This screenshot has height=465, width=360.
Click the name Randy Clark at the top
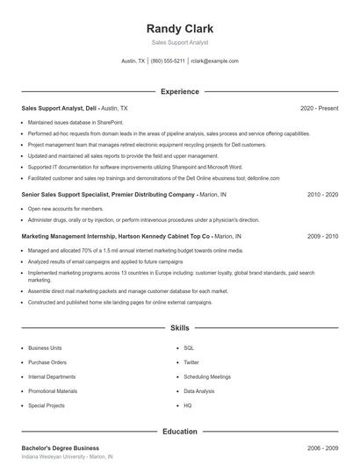(179, 27)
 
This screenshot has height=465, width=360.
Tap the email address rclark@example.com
(214, 61)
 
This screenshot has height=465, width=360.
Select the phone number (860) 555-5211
(168, 61)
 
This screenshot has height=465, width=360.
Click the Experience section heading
(179, 91)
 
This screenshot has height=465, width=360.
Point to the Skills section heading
(179, 328)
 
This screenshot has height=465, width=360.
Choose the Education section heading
(179, 431)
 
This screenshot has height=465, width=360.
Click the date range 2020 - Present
(319, 108)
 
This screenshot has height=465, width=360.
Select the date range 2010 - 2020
(322, 194)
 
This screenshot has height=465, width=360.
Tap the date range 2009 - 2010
(322, 236)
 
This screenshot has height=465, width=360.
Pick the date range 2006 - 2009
(322, 447)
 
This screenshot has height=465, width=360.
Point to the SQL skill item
(188, 347)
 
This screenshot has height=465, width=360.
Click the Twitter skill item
(191, 362)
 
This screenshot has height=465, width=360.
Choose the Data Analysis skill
(200, 391)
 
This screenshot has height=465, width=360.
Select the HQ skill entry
(187, 406)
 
